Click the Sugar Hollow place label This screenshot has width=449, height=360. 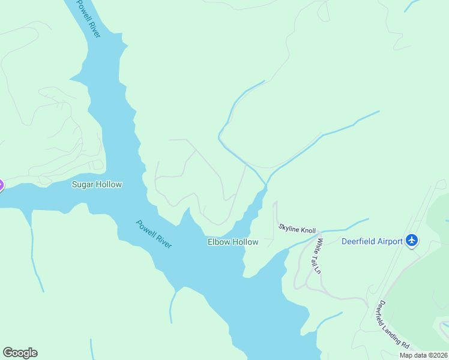[x=97, y=184]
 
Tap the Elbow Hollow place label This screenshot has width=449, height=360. [x=233, y=242]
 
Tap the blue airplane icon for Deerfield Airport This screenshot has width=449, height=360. [x=412, y=241]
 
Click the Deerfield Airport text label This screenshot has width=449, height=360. [x=372, y=242]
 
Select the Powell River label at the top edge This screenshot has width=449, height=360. [x=88, y=19]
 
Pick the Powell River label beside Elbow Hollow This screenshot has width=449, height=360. [x=154, y=234]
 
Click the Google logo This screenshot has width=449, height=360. [x=20, y=353]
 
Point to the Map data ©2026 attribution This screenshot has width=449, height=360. [x=424, y=355]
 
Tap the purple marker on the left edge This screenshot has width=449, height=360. [x=1, y=185]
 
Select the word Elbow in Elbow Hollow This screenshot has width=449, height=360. [x=219, y=242]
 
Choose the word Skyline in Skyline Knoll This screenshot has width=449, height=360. [x=289, y=227]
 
